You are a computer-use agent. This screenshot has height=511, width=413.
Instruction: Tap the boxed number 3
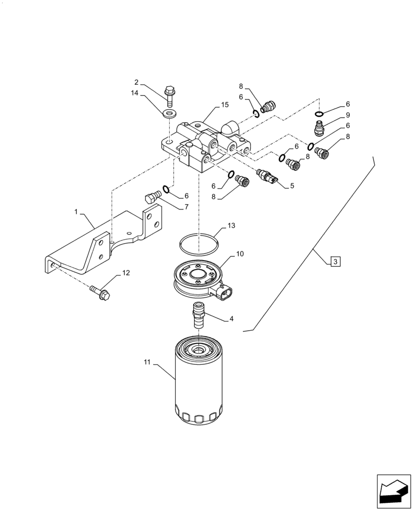coord(335,262)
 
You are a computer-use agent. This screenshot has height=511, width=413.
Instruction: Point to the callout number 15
coord(225,105)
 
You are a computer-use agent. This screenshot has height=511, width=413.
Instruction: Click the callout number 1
coord(76,211)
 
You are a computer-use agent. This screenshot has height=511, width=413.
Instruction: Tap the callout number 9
coord(333,115)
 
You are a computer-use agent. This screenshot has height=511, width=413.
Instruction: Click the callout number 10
coord(240,253)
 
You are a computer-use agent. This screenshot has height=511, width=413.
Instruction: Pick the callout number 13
coord(232,225)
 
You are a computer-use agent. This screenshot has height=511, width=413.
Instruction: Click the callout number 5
coord(292,186)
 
